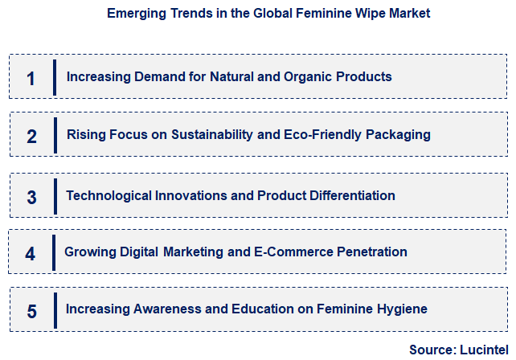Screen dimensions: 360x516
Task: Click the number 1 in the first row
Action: coord(31,78)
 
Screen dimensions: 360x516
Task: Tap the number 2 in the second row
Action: coord(31,136)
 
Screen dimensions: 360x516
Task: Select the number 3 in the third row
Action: coord(31,197)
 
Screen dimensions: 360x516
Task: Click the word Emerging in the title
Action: coord(134,13)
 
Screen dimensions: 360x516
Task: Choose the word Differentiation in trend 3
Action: coord(348,195)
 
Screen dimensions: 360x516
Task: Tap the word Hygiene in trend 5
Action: coord(402,309)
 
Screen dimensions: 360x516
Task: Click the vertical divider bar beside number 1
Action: coord(55,78)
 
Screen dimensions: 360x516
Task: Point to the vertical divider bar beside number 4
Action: coord(54,253)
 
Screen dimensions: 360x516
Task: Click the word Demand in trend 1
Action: coord(152,77)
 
